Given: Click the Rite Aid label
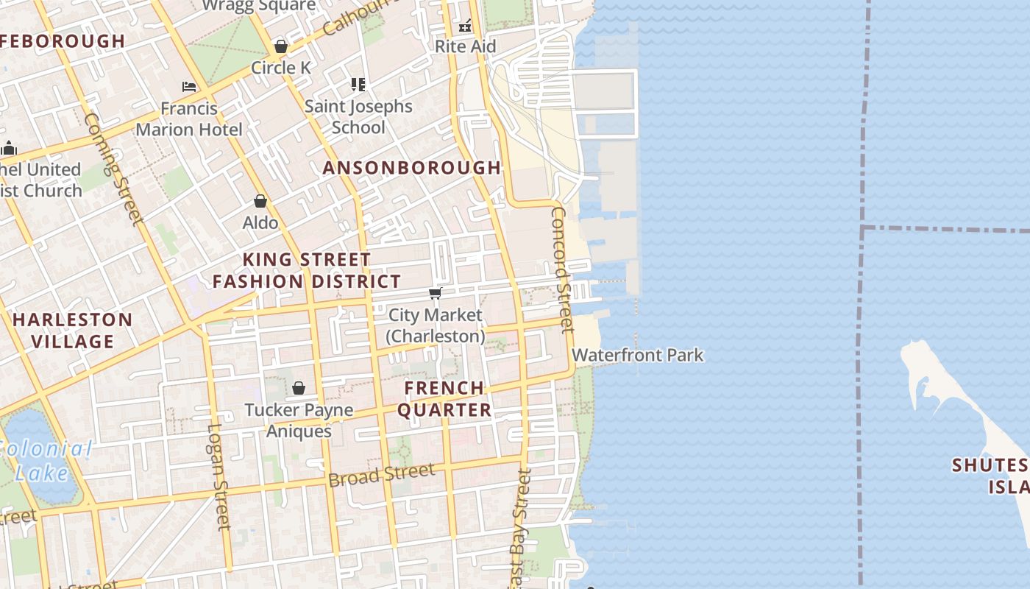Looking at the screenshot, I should (465, 46).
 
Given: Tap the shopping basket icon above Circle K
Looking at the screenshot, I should (280, 46).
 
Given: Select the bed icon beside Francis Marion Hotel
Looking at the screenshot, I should (189, 86).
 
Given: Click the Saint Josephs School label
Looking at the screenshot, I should (358, 116).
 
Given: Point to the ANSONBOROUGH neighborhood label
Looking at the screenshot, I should (412, 168).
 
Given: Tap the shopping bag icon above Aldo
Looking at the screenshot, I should (260, 201).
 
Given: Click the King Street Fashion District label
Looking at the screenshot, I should (307, 270).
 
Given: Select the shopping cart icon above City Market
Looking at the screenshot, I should (435, 294).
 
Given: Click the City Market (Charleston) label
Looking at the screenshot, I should (436, 325).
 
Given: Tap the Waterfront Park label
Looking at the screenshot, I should (637, 355).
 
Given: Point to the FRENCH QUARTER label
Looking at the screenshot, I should (444, 398).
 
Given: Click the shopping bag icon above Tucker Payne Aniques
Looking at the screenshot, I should (299, 388).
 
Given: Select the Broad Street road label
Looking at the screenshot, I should (381, 475).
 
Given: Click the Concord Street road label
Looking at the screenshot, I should (561, 269).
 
